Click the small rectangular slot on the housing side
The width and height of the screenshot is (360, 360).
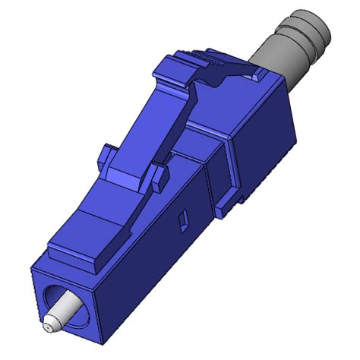pyautogui.click(x=182, y=222)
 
